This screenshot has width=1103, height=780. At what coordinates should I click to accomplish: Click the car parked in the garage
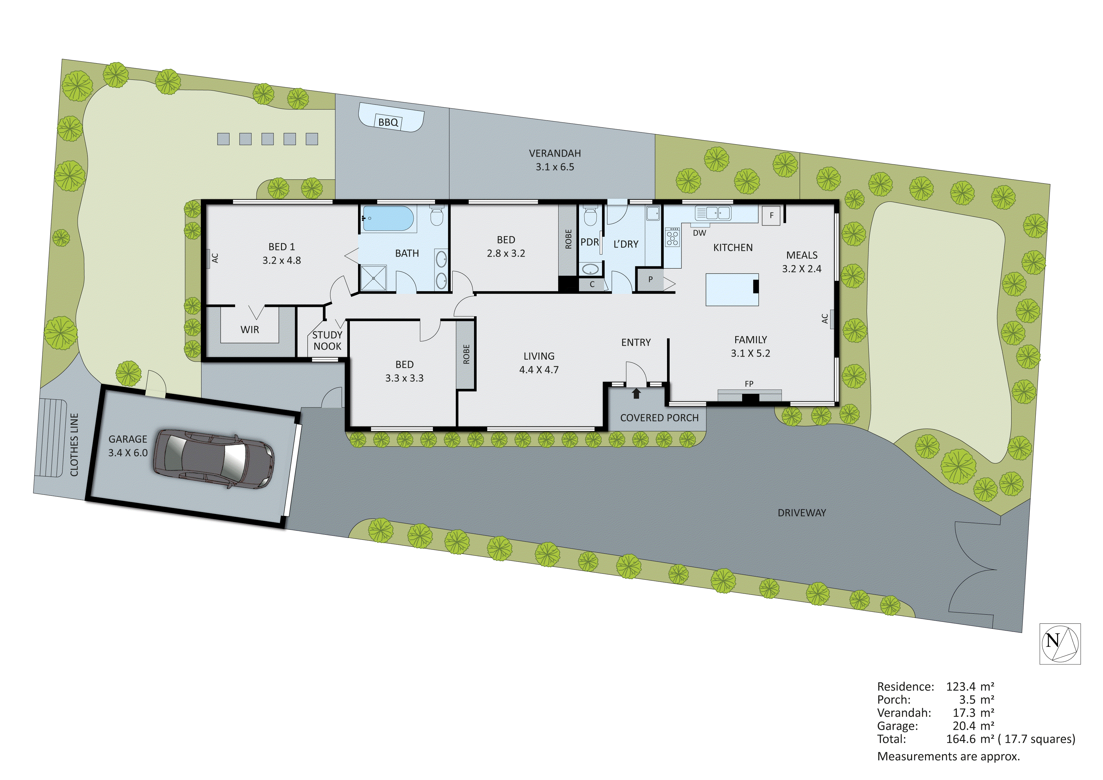(213, 459)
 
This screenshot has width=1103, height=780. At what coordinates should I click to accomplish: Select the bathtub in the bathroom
(388, 219)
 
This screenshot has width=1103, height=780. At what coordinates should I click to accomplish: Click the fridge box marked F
(771, 216)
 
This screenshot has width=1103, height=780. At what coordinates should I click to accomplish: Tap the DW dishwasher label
(699, 233)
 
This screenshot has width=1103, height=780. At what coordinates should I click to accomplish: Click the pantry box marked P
(650, 279)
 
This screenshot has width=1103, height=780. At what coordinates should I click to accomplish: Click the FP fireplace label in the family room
(749, 384)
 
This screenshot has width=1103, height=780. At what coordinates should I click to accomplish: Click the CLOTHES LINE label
(74, 445)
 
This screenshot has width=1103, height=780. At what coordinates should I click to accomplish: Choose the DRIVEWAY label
(801, 513)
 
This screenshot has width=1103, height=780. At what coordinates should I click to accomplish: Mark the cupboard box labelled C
(592, 285)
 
